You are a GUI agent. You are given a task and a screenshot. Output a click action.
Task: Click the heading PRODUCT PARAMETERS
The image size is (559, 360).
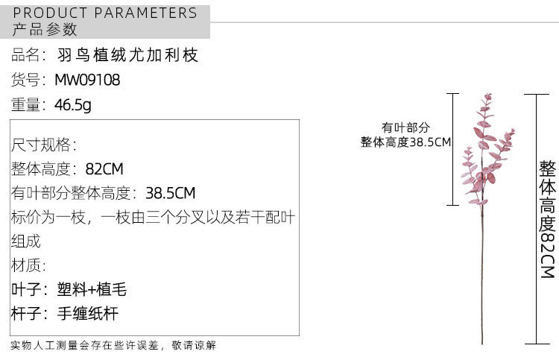[x=105, y=13]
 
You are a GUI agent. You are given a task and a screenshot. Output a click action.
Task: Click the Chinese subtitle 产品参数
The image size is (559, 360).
[x=45, y=31]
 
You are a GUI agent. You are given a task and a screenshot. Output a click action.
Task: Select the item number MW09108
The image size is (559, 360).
[x=87, y=80]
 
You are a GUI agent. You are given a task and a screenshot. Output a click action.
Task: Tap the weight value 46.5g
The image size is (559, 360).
[x=73, y=105]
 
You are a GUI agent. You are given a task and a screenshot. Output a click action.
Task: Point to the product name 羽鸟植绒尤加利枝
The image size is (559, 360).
[x=128, y=55]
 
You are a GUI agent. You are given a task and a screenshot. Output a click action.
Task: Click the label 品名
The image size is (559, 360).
[x=28, y=55]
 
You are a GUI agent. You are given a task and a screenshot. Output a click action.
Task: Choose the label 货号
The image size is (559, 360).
[x=28, y=80]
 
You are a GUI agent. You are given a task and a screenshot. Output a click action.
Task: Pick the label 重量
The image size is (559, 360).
[x=28, y=105]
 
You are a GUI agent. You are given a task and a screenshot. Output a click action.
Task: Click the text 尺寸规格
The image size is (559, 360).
[x=43, y=145]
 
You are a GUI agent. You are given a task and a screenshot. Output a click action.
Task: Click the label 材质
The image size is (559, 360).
[x=28, y=266]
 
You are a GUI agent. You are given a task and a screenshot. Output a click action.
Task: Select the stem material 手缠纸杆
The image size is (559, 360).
[x=87, y=314]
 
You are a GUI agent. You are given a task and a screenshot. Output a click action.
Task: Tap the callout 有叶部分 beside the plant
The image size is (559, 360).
[x=405, y=127]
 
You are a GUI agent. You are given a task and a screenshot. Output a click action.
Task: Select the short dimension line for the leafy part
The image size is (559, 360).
[x=452, y=149]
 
